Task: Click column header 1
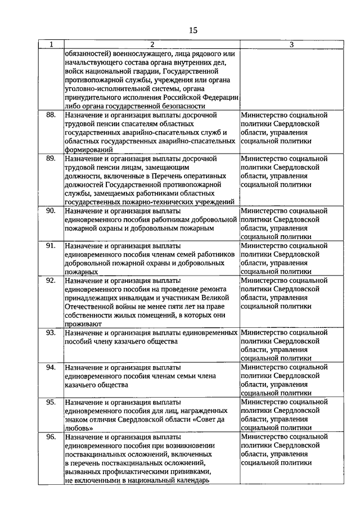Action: tap(51, 44)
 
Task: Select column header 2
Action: tap(151, 44)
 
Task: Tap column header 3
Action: tap(284, 44)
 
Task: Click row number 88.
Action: tap(51, 115)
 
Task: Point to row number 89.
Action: tap(51, 159)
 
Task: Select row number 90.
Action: tap(51, 211)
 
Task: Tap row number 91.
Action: tap(51, 246)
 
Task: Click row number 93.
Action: tap(51, 333)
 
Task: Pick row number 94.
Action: tap(51, 368)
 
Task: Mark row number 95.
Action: tap(51, 403)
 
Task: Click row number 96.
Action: tap(51, 437)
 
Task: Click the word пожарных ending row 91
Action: tap(80, 272)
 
